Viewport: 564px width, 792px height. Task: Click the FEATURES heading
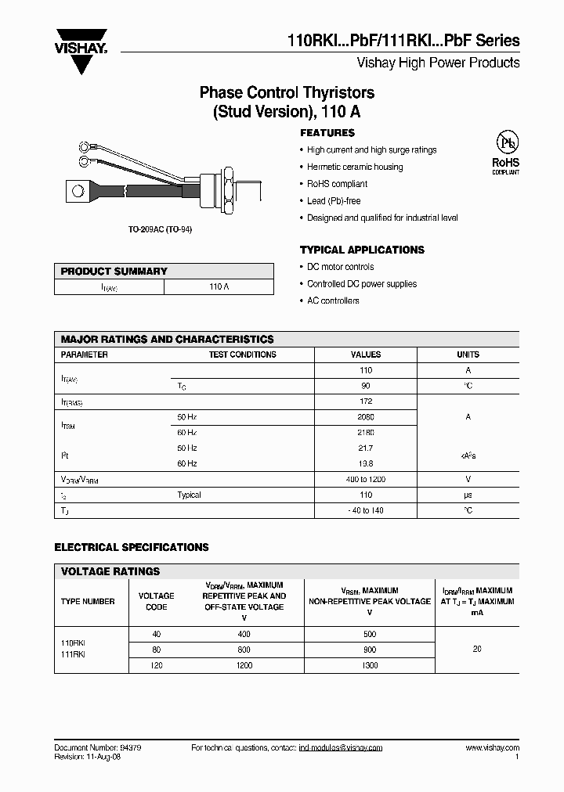tap(327, 133)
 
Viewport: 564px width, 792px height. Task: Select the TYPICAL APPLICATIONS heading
tap(362, 250)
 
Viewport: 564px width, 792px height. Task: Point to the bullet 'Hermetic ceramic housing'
tap(355, 167)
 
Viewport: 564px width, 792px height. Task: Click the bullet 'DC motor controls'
tap(340, 267)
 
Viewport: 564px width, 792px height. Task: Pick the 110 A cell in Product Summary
tap(219, 287)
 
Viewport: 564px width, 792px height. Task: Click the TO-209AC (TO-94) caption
tap(160, 229)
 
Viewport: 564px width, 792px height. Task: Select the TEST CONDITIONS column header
tap(242, 355)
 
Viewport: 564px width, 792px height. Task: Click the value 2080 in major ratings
tap(366, 417)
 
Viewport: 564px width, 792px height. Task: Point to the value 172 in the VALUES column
tap(366, 401)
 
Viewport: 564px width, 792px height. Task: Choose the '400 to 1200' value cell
tap(366, 479)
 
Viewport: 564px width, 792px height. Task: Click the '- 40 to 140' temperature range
tap(366, 510)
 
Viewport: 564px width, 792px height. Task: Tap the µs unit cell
tap(468, 495)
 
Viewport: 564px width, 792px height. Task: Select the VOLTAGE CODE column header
tap(156, 601)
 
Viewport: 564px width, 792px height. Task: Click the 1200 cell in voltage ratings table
tap(244, 665)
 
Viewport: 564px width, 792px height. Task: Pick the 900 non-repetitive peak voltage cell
tap(370, 650)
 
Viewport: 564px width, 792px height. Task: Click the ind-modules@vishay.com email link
tap(341, 748)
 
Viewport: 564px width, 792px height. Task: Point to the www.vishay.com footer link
tap(492, 748)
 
